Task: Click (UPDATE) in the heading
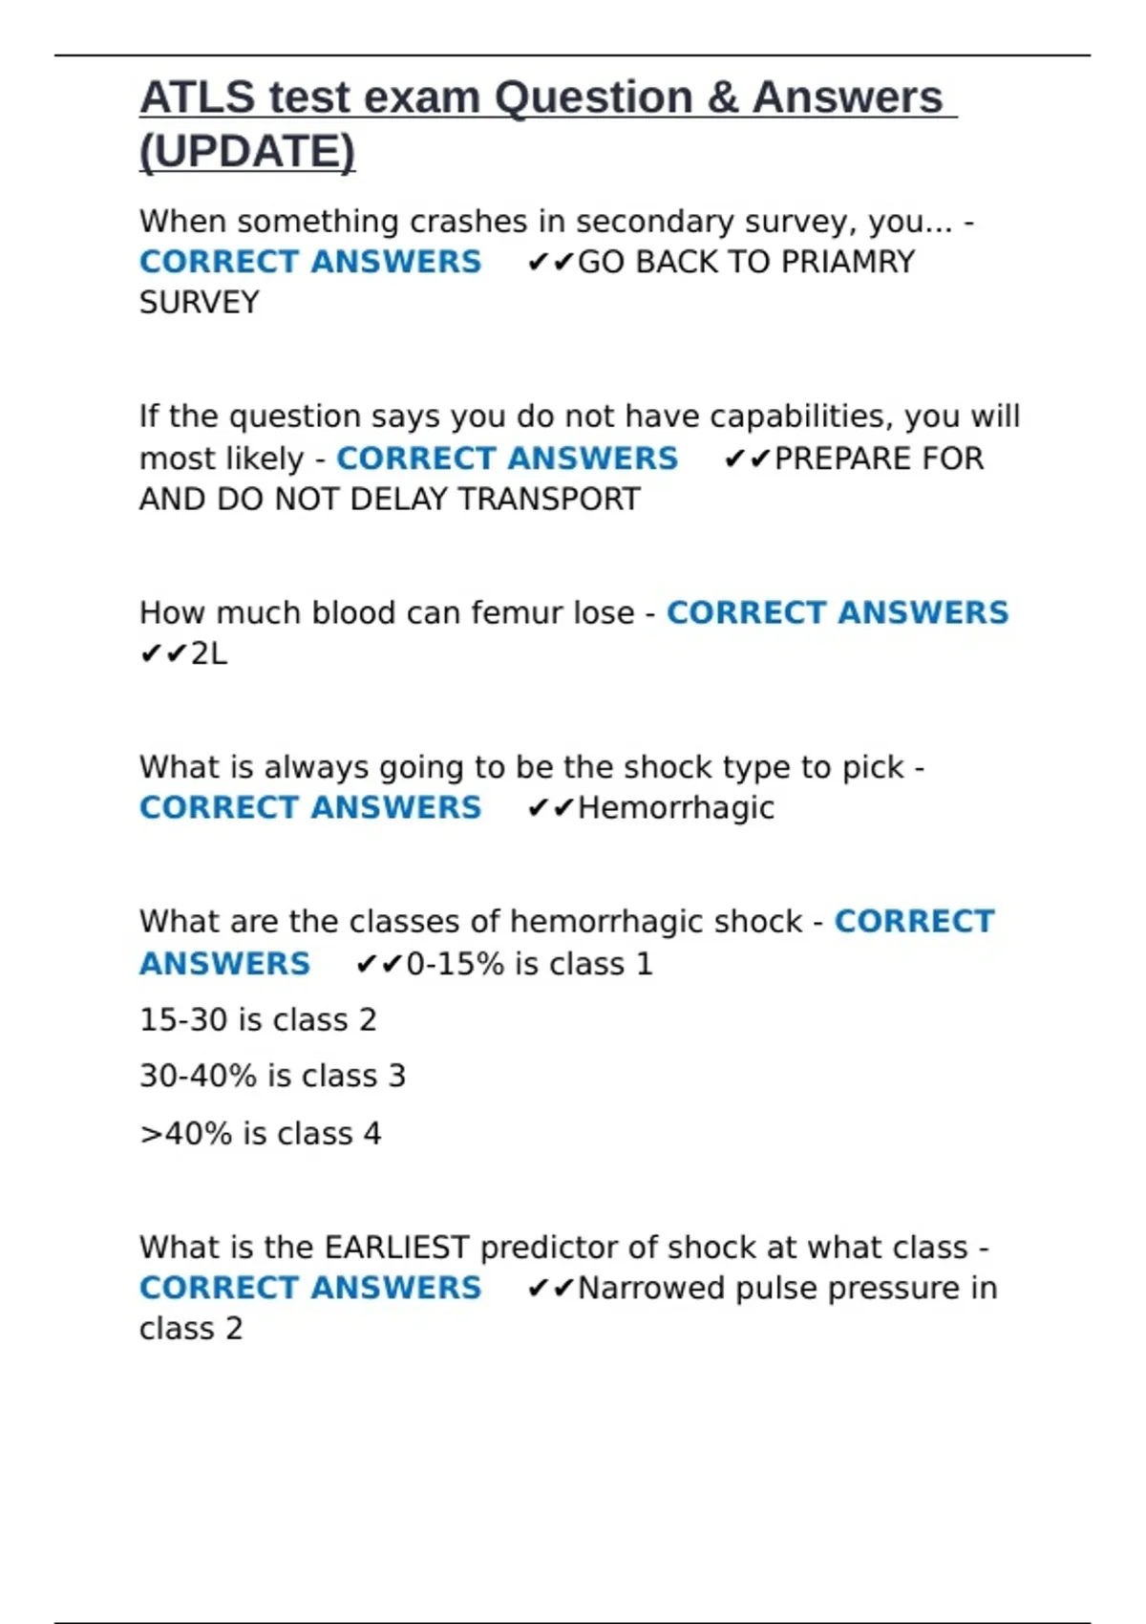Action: [x=247, y=152]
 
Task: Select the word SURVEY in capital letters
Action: [x=200, y=303]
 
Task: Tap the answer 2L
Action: [x=209, y=653]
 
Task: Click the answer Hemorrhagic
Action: [x=676, y=808]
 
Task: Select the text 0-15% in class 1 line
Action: [x=456, y=964]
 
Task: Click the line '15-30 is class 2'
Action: [x=258, y=1020]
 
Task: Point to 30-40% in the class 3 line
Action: [x=199, y=1077]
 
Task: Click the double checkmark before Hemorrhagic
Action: [x=550, y=808]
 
